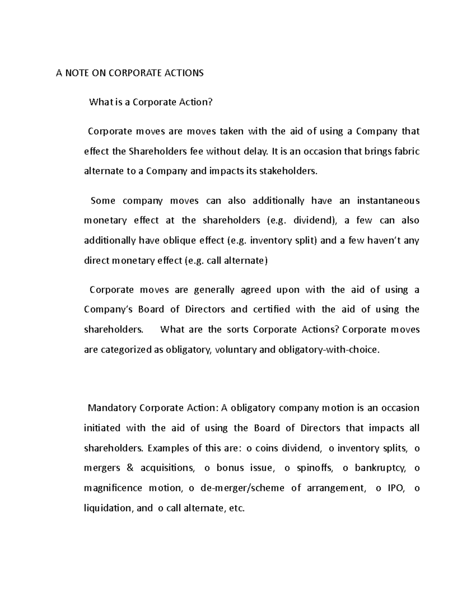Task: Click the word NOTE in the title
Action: (78, 73)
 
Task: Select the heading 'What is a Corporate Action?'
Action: (151, 102)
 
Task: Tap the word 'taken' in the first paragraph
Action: (232, 132)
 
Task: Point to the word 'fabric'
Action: (405, 152)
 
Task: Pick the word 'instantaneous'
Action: (388, 201)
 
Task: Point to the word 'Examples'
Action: (168, 448)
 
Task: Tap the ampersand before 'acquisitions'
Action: (130, 468)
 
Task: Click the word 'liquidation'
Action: (107, 508)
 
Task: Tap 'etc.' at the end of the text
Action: (237, 508)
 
